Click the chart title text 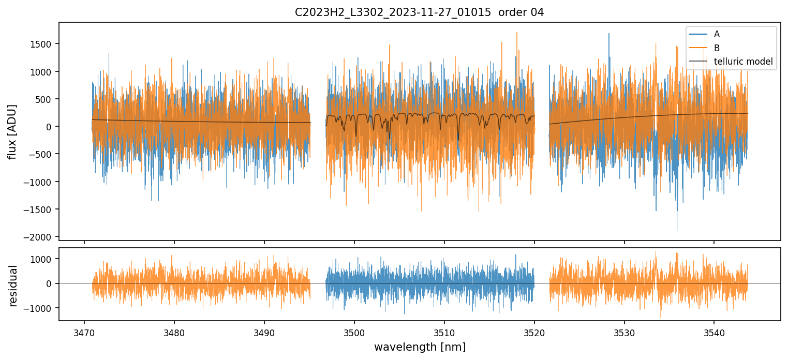click(x=419, y=12)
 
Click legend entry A click(x=717, y=34)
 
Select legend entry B click(x=717, y=48)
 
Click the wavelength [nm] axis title click(x=420, y=347)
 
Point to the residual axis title click(x=12, y=286)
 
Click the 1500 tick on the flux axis click(x=43, y=44)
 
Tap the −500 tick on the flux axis click(x=43, y=154)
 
